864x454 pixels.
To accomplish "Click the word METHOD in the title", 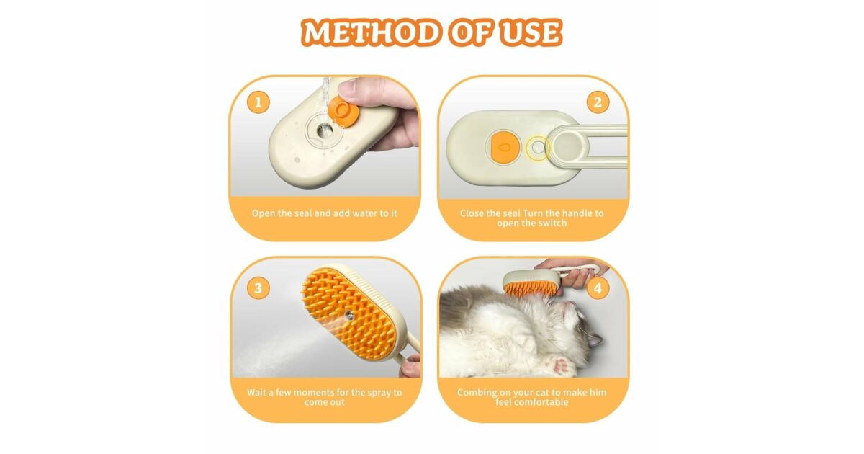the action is (x=370, y=32).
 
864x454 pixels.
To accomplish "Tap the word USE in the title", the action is (x=531, y=32).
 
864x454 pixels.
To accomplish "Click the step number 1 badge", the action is (x=258, y=102).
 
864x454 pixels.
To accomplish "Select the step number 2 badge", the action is (x=598, y=102).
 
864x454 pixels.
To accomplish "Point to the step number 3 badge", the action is (x=258, y=288).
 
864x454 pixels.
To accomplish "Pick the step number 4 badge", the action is (x=598, y=288).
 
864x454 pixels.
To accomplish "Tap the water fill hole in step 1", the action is (x=322, y=131).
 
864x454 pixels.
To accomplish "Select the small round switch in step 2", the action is (x=538, y=148).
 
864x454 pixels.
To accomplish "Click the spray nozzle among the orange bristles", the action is (x=348, y=315).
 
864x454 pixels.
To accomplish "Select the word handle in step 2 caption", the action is (x=575, y=213).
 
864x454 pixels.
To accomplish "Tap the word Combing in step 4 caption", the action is (x=477, y=393).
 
